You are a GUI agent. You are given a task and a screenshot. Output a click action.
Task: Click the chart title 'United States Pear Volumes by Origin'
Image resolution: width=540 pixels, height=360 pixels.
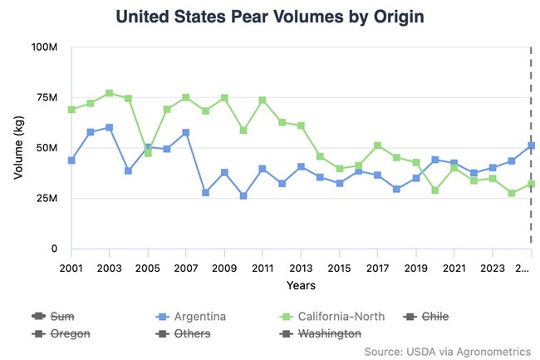(x=269, y=17)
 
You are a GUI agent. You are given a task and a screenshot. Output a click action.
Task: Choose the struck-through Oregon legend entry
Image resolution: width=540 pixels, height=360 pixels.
(x=70, y=333)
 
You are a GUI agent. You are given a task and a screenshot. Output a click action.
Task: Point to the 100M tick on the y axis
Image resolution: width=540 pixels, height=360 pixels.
(x=42, y=47)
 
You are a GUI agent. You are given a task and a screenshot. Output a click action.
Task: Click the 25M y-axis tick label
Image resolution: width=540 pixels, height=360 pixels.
(x=45, y=199)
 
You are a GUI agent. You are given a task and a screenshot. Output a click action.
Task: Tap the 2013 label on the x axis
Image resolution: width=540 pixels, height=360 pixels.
(x=301, y=268)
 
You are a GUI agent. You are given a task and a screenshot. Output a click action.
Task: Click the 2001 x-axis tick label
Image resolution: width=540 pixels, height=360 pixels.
(x=71, y=268)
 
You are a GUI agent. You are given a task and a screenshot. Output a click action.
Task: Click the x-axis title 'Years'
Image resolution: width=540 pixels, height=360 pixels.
(x=301, y=285)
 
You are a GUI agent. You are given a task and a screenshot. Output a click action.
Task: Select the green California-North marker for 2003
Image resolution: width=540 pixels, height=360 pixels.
(x=110, y=93)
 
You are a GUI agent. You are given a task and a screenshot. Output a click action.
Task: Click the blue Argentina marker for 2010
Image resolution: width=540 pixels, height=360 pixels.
(x=243, y=196)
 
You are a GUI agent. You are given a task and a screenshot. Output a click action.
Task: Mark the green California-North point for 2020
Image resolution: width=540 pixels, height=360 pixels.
(x=434, y=190)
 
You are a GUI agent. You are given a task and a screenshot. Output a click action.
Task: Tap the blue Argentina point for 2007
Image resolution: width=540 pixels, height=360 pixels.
(x=186, y=132)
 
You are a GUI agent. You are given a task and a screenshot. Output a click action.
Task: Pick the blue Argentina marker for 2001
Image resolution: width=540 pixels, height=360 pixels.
(x=71, y=160)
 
